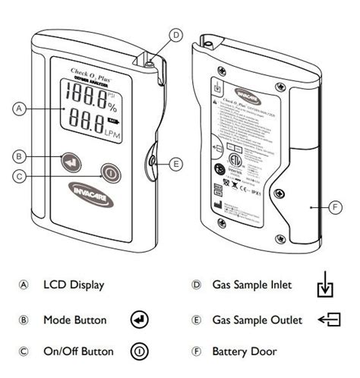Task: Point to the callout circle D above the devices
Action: pos(175,34)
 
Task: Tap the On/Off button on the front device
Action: pos(111,172)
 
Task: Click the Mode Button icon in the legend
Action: pos(140,319)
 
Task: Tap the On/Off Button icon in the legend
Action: pos(140,351)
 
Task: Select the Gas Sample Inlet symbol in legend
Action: pos(324,288)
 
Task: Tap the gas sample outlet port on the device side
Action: pos(153,162)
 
